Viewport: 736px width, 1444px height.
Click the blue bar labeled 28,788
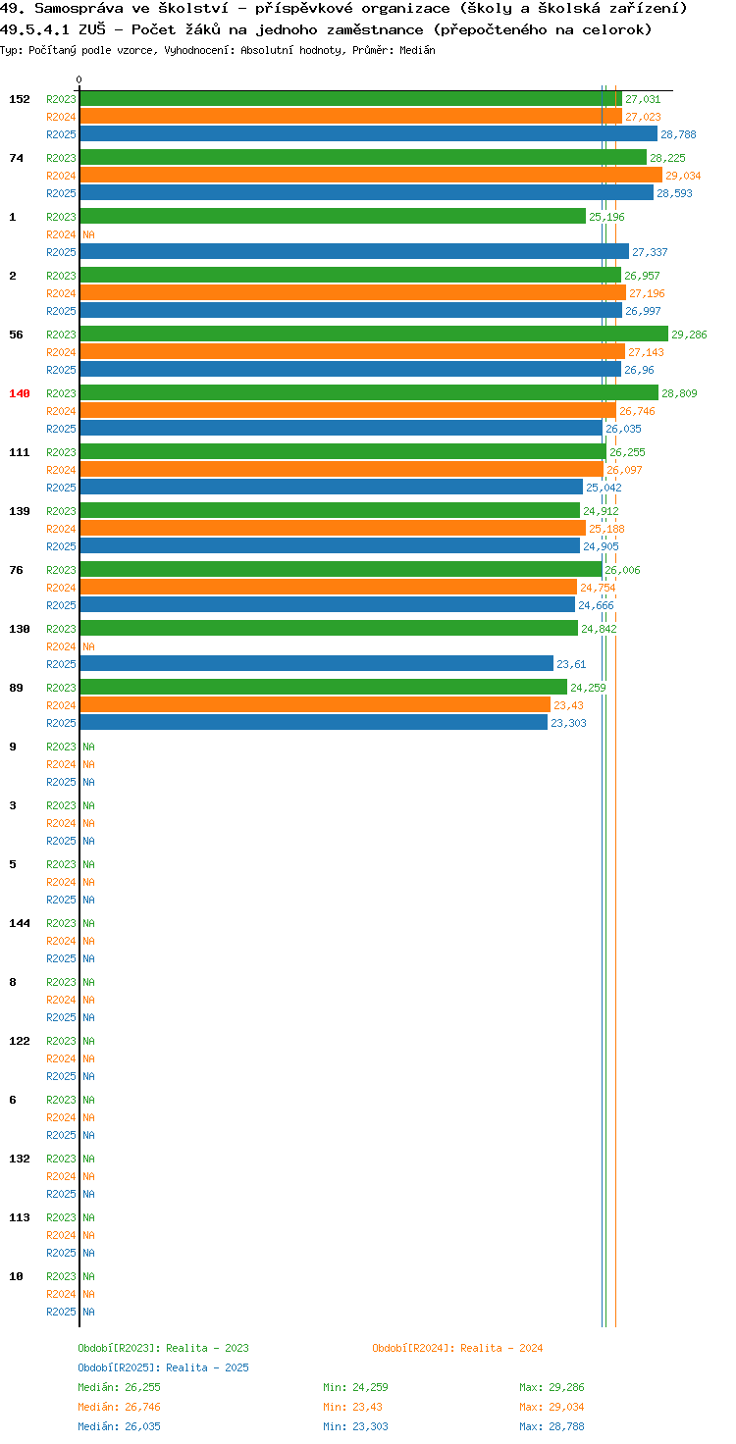(368, 134)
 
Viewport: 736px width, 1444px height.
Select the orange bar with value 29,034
(371, 176)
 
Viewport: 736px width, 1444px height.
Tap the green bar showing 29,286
(374, 334)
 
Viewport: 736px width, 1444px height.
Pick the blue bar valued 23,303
(313, 723)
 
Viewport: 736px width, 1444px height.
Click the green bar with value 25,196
(333, 217)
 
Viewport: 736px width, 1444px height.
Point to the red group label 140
(20, 393)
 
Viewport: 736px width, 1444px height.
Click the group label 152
(20, 99)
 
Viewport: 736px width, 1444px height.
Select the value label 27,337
(650, 252)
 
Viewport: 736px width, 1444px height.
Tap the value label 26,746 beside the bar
(637, 411)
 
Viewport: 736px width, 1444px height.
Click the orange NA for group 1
(89, 234)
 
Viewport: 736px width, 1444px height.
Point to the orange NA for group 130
(89, 646)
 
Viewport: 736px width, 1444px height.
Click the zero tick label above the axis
(79, 79)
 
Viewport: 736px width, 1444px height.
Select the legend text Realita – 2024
(501, 1348)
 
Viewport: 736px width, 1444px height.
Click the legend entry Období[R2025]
(120, 1367)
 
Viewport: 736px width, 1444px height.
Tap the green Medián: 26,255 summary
(120, 1387)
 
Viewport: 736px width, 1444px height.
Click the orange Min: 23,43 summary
(353, 1407)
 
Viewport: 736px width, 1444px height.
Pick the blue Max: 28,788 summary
(552, 1426)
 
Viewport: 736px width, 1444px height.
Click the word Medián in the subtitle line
(417, 50)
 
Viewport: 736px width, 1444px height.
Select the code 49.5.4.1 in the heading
(34, 29)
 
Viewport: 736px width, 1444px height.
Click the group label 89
(16, 688)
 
